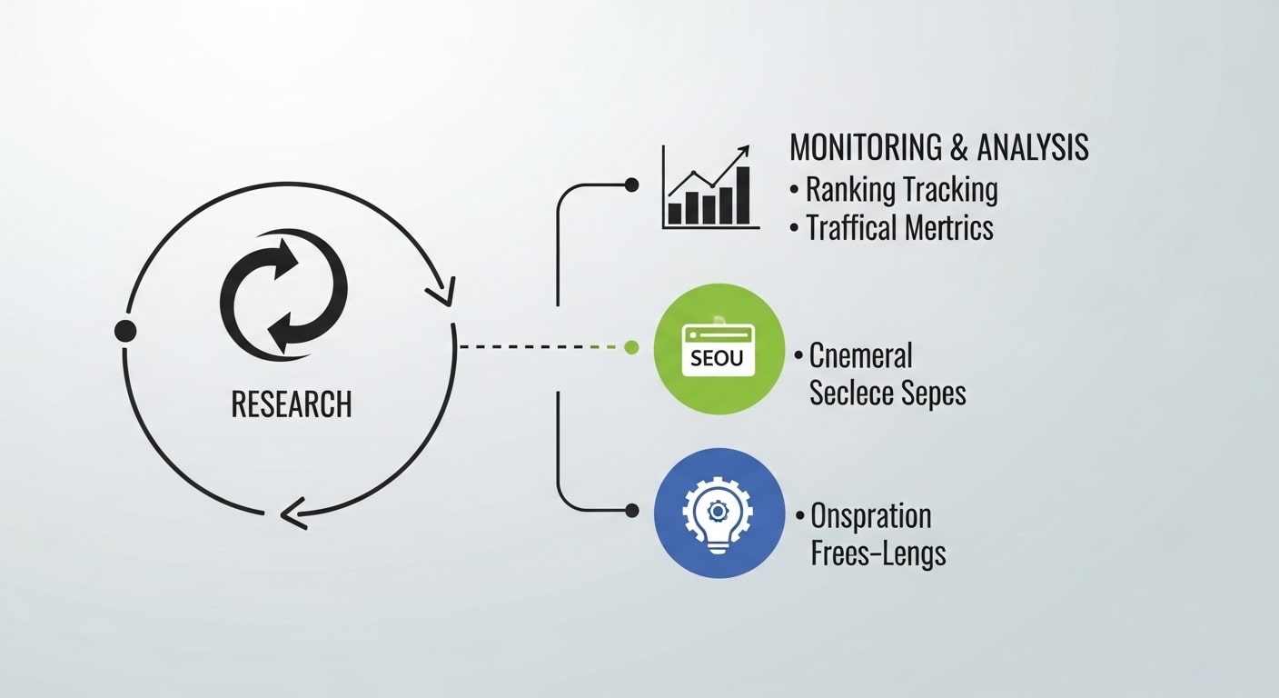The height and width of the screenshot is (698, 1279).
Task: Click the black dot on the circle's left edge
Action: pos(125,331)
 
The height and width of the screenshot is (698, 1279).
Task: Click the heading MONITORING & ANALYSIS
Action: pos(938,147)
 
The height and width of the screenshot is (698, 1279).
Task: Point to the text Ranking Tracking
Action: pos(901,190)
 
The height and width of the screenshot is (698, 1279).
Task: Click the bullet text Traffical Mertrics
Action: pos(899,227)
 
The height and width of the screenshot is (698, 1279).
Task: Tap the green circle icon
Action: pos(719,349)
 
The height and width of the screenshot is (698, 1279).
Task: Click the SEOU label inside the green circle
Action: pos(717,357)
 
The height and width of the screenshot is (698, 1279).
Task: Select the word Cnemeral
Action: pos(860,355)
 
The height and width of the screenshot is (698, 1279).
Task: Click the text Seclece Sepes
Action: pos(887,393)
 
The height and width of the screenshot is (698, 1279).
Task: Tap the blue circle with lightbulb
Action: pos(719,512)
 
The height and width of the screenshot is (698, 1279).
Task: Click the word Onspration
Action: pos(870,516)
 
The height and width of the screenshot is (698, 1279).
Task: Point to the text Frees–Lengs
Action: pos(877,553)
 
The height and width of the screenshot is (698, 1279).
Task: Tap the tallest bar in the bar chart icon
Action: pos(742,195)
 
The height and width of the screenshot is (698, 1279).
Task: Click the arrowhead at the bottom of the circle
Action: pos(292,517)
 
